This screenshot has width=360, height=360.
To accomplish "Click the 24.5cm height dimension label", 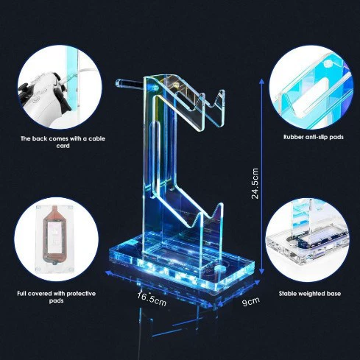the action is coord(255,183).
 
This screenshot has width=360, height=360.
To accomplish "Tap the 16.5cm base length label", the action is coord(152,298).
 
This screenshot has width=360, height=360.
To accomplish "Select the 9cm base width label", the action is coord(250,301).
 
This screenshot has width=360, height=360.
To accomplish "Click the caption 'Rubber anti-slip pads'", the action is coord(314,137).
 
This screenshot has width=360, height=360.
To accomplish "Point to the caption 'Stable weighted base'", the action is coord(310,294).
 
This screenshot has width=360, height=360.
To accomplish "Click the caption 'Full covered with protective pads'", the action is coord(57,297).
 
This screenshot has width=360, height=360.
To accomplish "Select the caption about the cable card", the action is coord(63,142).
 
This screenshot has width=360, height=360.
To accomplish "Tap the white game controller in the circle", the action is coord(46,97).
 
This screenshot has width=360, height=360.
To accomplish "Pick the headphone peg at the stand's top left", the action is coord(130,83).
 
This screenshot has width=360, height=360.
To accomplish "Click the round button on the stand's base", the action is coord(220,268).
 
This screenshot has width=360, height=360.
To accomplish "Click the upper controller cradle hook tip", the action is coord(222,91).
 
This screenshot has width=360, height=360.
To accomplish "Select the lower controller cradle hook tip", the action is coord(221,205).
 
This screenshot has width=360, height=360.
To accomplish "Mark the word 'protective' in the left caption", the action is coord(81,294).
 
